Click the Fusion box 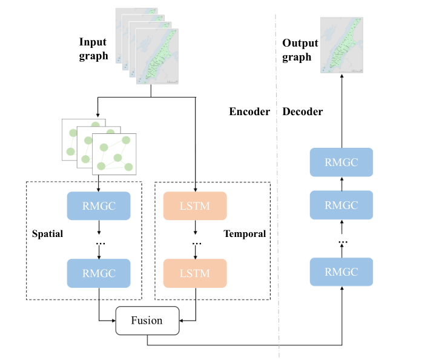(148, 320)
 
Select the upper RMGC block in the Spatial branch (99, 206)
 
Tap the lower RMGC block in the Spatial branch (99, 273)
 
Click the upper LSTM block (194, 206)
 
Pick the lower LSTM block (194, 273)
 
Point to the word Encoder (249, 112)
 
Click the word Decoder (303, 112)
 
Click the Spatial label (47, 234)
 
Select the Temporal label (245, 234)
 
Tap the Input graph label (93, 49)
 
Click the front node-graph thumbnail (114, 152)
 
